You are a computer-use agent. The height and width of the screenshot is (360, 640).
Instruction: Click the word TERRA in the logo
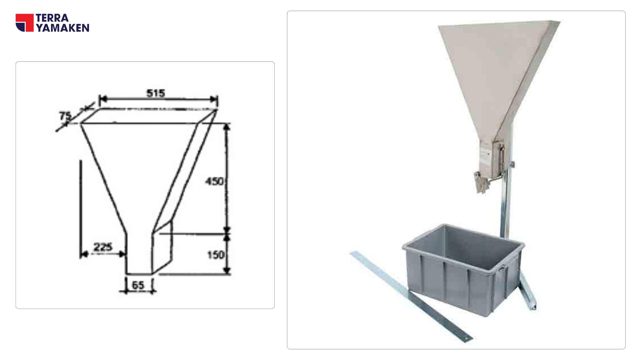[52, 18]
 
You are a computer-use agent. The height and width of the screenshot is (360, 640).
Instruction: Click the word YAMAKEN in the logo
[63, 28]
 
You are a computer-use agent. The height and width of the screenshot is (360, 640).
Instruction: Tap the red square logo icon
[25, 23]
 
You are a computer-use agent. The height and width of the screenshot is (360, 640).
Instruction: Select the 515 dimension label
[156, 93]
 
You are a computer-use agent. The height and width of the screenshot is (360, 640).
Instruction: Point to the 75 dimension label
[65, 116]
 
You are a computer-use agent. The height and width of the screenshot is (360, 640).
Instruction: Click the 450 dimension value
[214, 182]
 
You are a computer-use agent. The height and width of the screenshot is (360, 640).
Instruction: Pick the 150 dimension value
[216, 255]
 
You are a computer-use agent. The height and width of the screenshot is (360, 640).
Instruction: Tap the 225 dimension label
[103, 247]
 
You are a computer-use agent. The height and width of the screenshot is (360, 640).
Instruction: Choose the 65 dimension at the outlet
[138, 285]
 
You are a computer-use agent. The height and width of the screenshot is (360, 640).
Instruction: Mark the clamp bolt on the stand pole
[512, 164]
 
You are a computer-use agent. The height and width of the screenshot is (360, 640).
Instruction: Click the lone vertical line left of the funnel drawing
[80, 207]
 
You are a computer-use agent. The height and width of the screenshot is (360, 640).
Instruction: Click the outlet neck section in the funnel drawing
[139, 253]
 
